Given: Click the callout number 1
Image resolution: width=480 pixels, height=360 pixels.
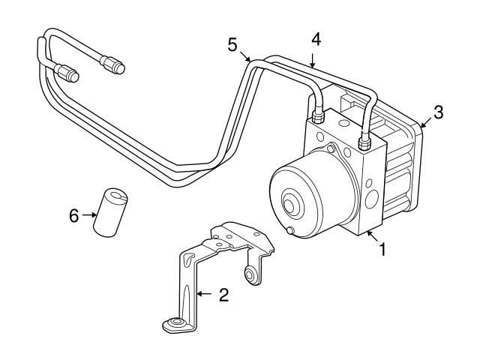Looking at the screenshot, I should click(x=382, y=249).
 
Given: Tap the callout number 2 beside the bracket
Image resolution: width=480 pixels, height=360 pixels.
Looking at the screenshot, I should click(x=223, y=295).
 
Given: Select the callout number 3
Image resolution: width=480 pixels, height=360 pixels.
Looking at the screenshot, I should click(x=439, y=113).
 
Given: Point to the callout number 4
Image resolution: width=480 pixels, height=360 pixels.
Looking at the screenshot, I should click(x=316, y=39).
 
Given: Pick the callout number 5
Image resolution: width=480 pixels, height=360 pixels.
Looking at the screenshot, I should click(x=233, y=44).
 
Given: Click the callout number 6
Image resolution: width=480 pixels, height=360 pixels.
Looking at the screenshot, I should click(x=73, y=215).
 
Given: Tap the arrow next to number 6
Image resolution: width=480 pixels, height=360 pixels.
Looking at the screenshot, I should click(x=88, y=215).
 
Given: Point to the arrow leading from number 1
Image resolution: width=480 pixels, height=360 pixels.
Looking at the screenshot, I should click(x=370, y=238).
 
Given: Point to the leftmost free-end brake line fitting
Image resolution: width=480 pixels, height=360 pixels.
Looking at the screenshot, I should click(x=68, y=74).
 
